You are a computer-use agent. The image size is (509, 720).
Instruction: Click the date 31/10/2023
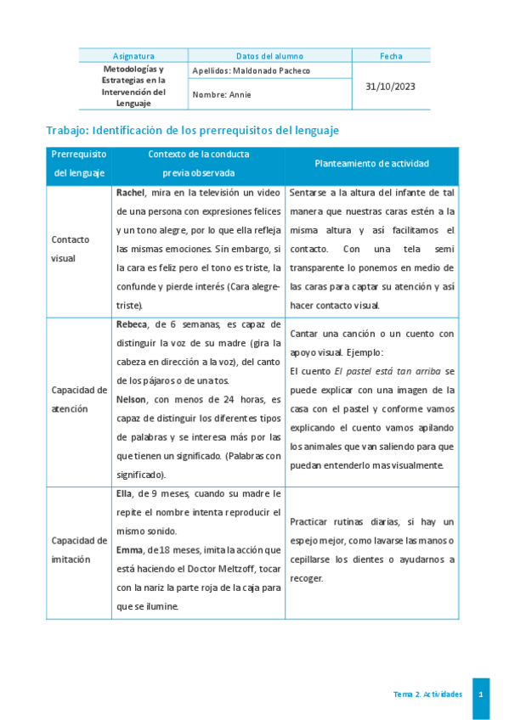[x=391, y=87]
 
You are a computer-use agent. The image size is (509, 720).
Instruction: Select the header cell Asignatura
[x=133, y=56]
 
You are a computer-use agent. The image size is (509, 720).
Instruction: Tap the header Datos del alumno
[x=269, y=56]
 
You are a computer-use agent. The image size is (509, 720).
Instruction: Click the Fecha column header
[x=391, y=56]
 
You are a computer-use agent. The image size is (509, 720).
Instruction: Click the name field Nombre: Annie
[x=223, y=95]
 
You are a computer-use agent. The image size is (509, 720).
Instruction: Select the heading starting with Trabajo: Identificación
[x=192, y=130]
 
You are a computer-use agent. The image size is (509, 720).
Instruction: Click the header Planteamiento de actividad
[x=371, y=163]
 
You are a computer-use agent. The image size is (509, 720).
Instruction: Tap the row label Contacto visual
[x=70, y=249]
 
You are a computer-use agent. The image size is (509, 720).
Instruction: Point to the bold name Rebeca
[x=132, y=324]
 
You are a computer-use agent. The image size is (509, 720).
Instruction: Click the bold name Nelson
[x=132, y=399]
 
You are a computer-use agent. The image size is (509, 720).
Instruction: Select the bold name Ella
[x=124, y=492]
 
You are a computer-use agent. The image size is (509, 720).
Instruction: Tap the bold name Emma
[x=129, y=549]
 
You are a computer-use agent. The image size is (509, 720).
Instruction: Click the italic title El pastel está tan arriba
[x=371, y=371]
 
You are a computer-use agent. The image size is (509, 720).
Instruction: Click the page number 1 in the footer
[x=481, y=695]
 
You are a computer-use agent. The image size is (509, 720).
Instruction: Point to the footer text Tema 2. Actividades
[x=427, y=695]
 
